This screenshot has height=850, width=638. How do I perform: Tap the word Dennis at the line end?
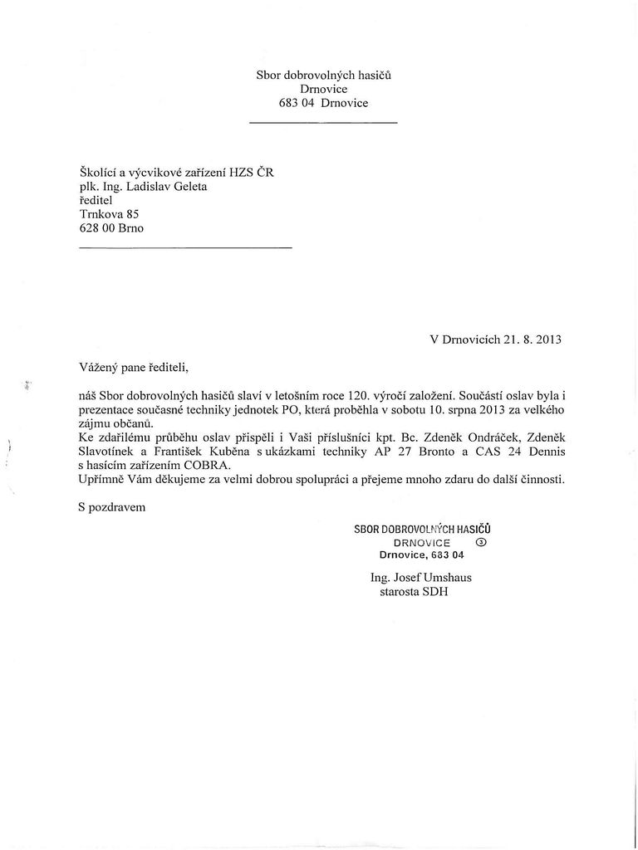[545, 452]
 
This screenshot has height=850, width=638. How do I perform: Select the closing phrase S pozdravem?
[111, 507]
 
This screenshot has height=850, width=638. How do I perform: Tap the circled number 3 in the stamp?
[482, 541]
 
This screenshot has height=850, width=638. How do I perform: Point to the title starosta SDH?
[414, 592]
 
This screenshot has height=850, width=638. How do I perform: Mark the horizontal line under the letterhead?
[323, 124]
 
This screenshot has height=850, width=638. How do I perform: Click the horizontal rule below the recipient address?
[185, 247]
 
